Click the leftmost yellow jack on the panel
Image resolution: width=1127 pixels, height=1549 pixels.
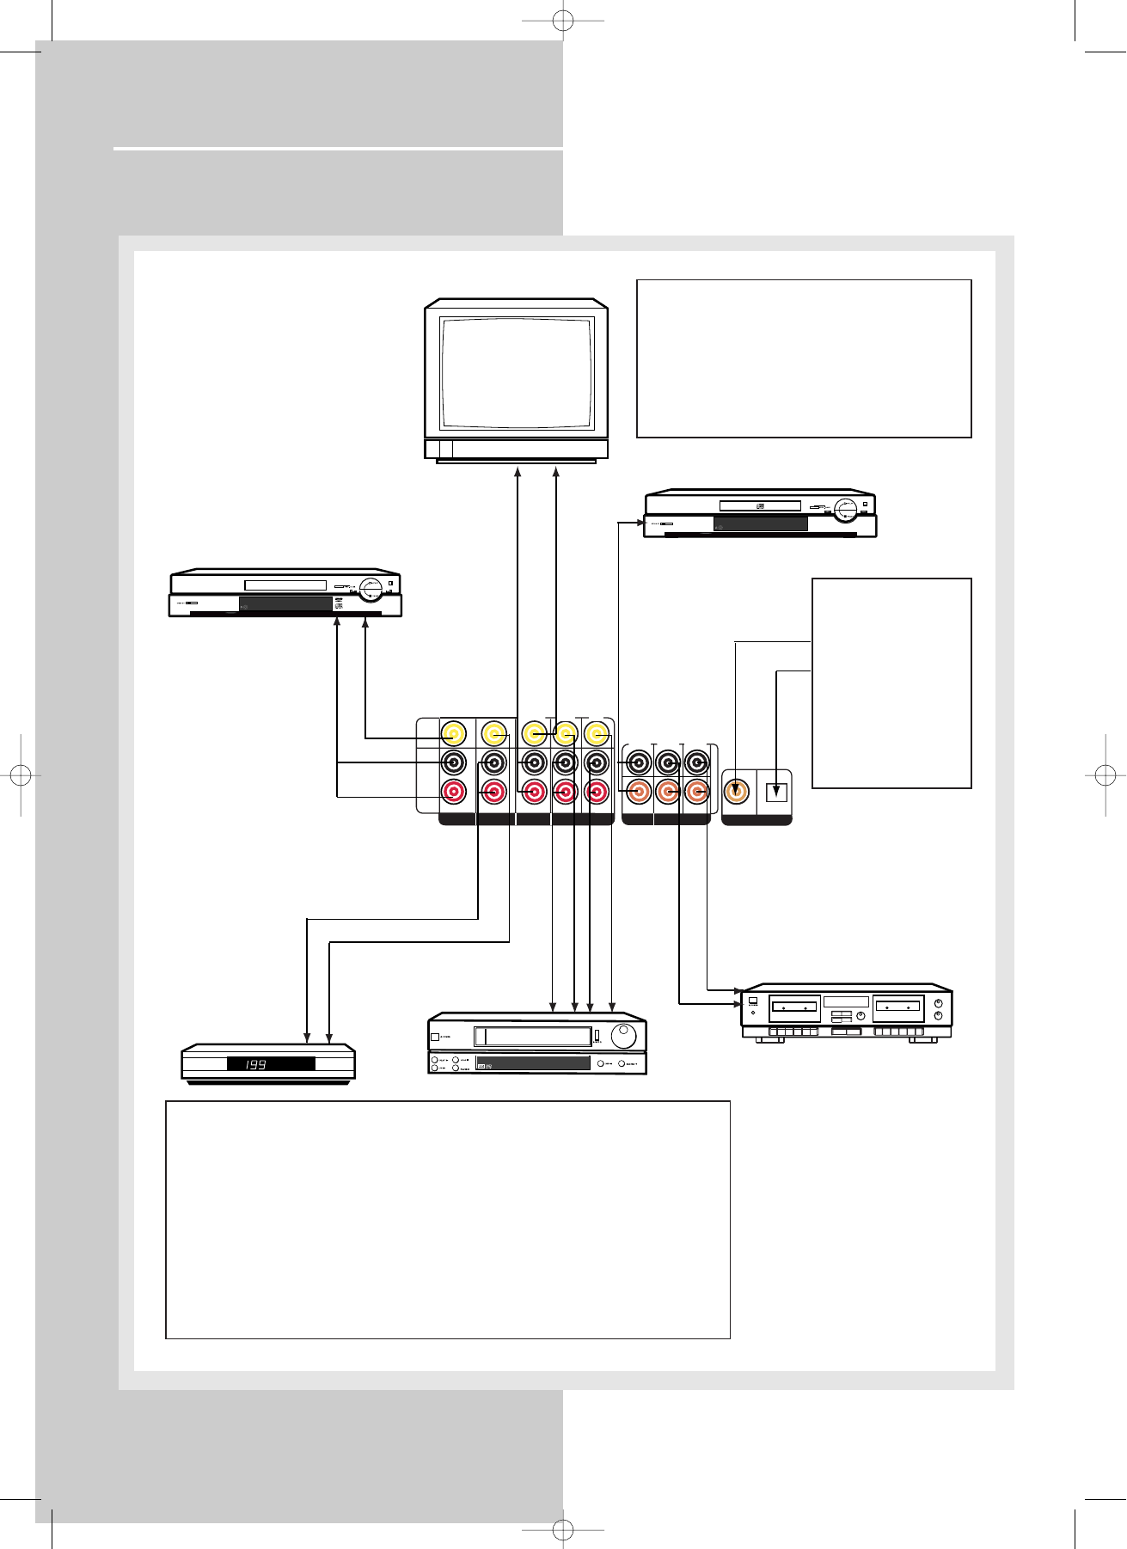(x=453, y=734)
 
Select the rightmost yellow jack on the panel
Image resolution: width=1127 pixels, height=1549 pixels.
(x=597, y=734)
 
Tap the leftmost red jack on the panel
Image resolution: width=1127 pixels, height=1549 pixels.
(x=453, y=792)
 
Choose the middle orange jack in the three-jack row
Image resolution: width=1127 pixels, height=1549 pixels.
(x=668, y=792)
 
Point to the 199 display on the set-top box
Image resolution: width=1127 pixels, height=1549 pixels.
(x=270, y=1064)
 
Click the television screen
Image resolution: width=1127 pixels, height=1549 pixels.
(x=516, y=373)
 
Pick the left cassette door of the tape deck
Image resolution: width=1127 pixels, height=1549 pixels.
(x=794, y=1007)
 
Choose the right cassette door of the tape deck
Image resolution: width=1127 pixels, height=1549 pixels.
(x=897, y=1007)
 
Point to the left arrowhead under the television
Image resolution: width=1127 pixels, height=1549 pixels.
(x=518, y=471)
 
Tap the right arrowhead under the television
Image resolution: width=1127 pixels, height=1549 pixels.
(x=556, y=471)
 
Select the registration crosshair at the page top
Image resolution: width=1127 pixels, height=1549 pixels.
(x=563, y=19)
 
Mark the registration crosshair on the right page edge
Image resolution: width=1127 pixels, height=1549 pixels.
(x=1107, y=774)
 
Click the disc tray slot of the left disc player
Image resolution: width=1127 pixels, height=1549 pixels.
(x=285, y=585)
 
